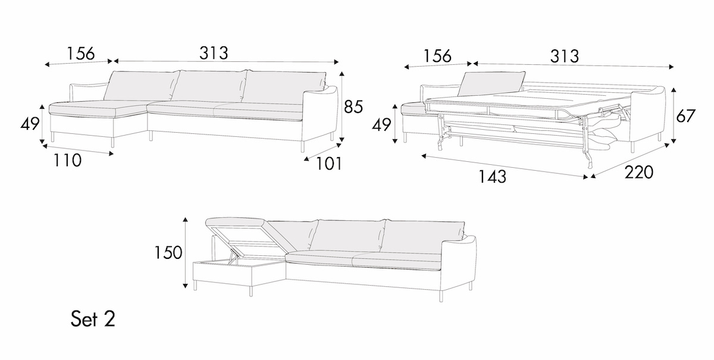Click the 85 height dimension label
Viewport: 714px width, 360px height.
point(353,107)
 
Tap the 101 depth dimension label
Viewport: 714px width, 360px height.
point(329,163)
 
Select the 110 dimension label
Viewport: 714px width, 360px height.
point(67,160)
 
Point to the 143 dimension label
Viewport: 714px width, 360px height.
point(493,177)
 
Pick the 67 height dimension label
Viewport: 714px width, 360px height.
point(686,115)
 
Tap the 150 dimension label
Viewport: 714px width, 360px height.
point(168,253)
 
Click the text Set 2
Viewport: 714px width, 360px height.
point(93,320)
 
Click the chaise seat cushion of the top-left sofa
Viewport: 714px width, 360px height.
point(98,107)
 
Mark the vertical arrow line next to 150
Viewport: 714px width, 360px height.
point(186,253)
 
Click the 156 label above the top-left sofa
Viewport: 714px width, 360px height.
point(80,53)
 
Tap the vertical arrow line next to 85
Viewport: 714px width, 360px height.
point(342,107)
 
